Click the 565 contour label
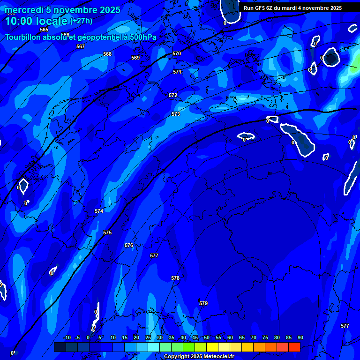pos(44,30)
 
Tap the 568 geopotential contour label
pos(107,54)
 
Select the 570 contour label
pos(177,54)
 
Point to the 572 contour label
pos(173,95)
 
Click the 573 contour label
pos(176,114)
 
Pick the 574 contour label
pos(99,211)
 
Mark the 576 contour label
pos(129,245)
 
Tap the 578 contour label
pos(175,278)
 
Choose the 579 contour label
pos(203,303)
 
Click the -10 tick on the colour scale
pos(67,337)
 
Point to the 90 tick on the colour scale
pos(300,337)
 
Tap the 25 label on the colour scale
pos(148,337)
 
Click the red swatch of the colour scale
pos(294,347)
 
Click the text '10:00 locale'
pos(36,21)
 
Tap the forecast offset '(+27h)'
pos(81,21)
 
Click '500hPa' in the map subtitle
pos(142,37)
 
